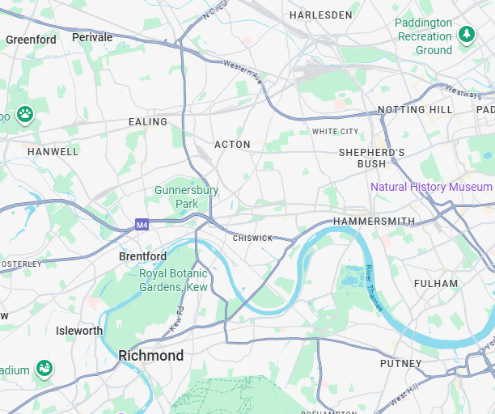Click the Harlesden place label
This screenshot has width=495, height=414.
321,15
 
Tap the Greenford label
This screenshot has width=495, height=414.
31,40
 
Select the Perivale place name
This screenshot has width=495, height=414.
92,37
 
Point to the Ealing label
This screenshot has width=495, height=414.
148,122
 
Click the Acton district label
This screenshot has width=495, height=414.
232,145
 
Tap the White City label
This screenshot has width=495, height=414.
335,131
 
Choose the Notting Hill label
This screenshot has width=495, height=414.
415,110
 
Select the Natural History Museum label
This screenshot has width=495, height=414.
431,187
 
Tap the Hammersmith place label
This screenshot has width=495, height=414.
374,222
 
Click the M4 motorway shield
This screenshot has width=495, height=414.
142,225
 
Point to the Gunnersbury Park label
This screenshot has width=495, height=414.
187,196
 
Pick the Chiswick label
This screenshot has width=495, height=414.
252,239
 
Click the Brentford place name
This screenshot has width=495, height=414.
142,256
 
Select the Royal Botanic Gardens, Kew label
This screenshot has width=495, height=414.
173,281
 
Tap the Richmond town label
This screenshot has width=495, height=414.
150,356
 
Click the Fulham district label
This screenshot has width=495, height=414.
435,284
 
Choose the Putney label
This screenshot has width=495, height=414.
401,364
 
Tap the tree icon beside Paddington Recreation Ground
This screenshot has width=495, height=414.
466,34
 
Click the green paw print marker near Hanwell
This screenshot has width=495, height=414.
25,114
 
